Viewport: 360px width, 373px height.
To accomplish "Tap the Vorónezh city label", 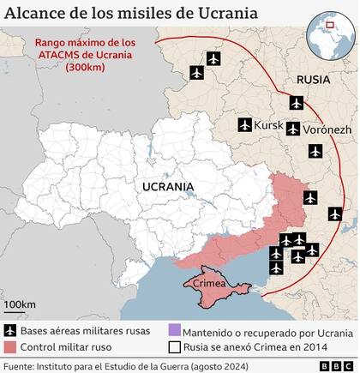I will (327, 130).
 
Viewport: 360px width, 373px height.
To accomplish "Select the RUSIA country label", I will (313, 81).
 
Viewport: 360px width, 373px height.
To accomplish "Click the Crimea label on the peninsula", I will (208, 283).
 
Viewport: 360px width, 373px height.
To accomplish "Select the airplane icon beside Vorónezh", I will (295, 129).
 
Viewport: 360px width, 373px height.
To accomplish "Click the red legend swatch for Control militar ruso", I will (11, 346).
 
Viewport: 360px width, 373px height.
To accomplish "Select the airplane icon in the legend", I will (11, 331).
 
